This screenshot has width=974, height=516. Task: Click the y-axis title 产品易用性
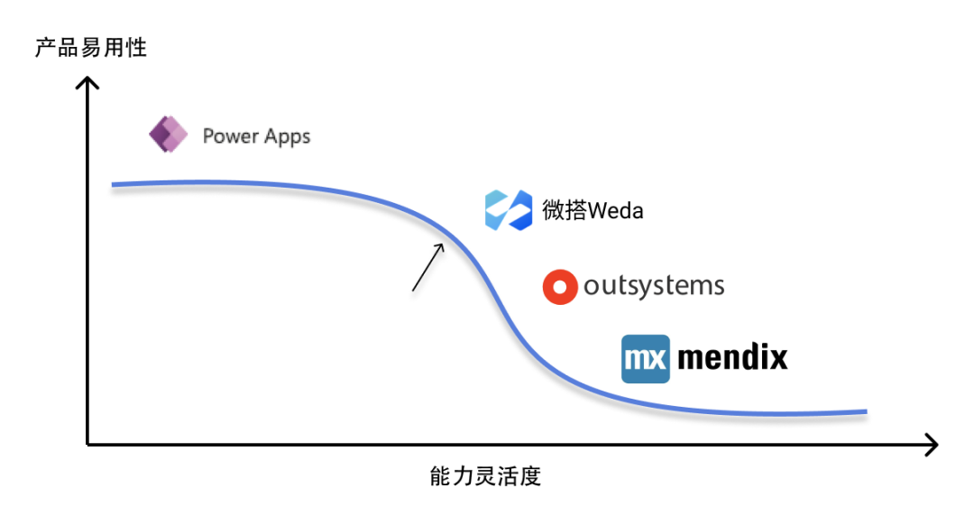(x=90, y=47)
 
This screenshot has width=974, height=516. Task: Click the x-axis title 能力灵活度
(x=485, y=476)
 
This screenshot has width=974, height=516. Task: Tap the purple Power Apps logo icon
(x=168, y=135)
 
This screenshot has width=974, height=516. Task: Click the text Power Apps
(x=256, y=136)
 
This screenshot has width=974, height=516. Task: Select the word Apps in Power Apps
(x=288, y=137)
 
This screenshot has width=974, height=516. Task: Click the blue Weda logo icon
(x=509, y=210)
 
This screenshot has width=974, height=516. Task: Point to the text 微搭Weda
(x=593, y=210)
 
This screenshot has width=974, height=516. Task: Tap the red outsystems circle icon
(x=559, y=287)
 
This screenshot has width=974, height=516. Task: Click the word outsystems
(x=654, y=286)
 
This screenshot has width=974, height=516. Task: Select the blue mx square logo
(x=646, y=358)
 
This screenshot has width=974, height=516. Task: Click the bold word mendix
(x=732, y=357)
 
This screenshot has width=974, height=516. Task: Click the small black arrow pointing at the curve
(x=427, y=267)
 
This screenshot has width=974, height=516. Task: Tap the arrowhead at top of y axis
(x=87, y=83)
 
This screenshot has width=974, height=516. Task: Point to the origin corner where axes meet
(x=87, y=444)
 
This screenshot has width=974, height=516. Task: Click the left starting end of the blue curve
(x=114, y=185)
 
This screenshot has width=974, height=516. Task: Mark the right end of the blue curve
(x=865, y=411)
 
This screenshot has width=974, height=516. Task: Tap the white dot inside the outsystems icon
(x=559, y=287)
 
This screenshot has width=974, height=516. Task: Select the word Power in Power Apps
(x=232, y=136)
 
